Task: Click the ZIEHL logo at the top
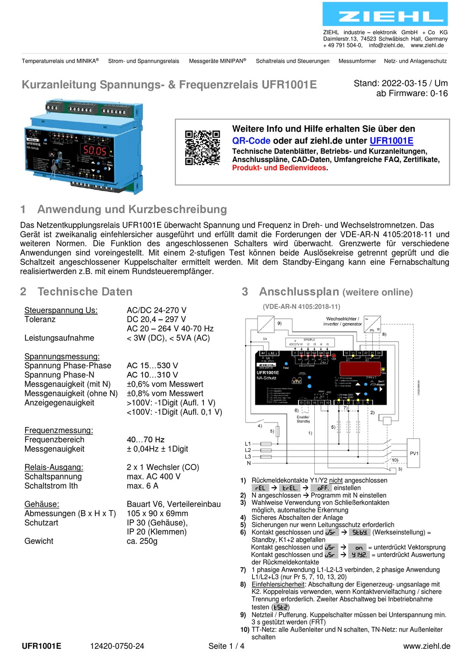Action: coord(385,14)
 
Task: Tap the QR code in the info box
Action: coord(202,147)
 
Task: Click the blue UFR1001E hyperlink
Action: coord(391,141)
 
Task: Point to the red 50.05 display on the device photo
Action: coord(95,150)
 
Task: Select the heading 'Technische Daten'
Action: coord(85,292)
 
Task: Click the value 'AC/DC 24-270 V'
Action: coord(156,310)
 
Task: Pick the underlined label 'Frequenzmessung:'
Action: coord(59,430)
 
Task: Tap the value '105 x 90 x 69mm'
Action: coord(157,513)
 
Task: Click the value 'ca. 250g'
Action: coord(142,541)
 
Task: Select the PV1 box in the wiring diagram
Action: coord(414,453)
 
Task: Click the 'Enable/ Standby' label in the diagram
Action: coord(303,419)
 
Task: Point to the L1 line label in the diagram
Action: coord(248,444)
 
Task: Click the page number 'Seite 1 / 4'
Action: coord(226,646)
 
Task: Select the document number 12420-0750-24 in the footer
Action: coord(117,646)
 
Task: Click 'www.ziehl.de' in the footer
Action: coord(426,646)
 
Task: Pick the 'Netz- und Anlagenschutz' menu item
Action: coord(415,61)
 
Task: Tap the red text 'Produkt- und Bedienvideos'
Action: coord(279,168)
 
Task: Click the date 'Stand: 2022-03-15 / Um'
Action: coord(400,83)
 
